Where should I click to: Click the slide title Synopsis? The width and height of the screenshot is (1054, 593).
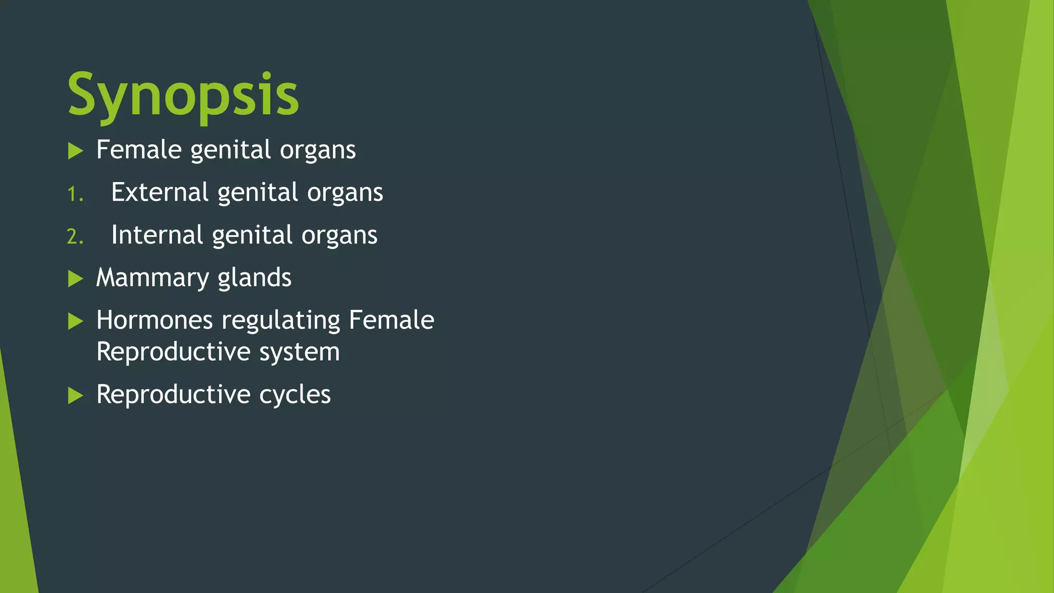point(183,95)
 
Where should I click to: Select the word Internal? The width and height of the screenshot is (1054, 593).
point(157,235)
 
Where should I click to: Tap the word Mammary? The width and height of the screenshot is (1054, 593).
point(152,278)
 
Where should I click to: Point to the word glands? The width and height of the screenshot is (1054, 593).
point(254,278)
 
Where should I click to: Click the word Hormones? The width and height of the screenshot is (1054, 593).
point(154,320)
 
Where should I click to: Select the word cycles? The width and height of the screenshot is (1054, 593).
point(295,395)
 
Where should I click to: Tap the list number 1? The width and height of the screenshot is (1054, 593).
point(75,195)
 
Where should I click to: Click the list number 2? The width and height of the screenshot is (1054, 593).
point(75,237)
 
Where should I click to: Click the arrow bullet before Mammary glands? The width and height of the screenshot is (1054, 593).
point(76,278)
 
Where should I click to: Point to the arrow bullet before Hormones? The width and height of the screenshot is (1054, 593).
point(76,321)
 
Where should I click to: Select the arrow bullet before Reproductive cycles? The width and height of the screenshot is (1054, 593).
point(76,395)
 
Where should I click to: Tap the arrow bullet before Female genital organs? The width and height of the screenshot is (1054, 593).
point(76,151)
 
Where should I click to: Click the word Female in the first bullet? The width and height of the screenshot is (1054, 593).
point(139,150)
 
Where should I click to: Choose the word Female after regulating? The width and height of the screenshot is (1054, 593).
point(391,320)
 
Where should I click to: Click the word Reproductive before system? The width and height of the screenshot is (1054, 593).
point(173,352)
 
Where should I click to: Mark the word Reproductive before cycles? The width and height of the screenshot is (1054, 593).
point(173,395)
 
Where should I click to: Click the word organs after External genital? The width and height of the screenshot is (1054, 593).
point(345,193)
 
